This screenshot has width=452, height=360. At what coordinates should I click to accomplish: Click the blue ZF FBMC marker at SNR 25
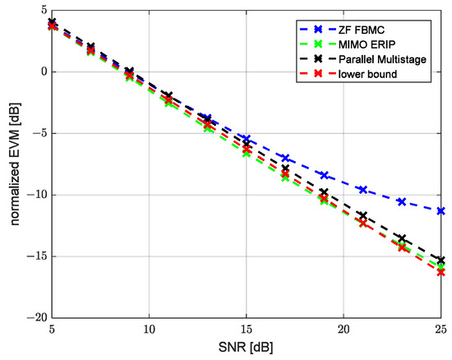(x=440, y=210)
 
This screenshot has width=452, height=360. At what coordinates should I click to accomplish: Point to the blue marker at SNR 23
(x=402, y=201)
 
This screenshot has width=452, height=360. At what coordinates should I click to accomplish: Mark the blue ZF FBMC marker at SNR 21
(x=362, y=190)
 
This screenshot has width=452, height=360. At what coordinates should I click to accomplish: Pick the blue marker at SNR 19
(x=324, y=175)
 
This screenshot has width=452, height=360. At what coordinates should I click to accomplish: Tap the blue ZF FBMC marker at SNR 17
(x=285, y=157)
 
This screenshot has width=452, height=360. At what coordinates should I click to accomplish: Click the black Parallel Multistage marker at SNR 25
(x=440, y=260)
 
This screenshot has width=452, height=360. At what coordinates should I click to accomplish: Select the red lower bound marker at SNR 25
(x=440, y=272)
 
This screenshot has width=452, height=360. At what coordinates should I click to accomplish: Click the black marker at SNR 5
(x=53, y=22)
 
